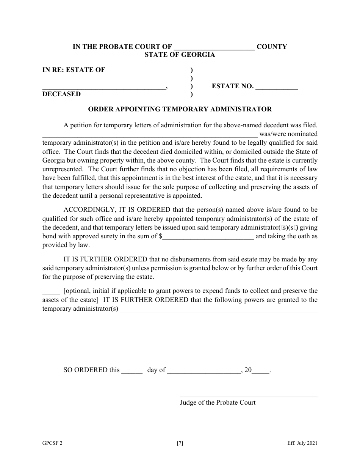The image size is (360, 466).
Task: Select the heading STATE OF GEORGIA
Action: (x=180, y=55)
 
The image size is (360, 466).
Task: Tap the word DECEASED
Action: (x=61, y=94)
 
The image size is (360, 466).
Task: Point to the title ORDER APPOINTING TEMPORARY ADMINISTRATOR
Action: (x=180, y=109)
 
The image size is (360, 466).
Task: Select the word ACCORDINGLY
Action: (x=87, y=210)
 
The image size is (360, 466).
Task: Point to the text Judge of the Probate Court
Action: (x=218, y=402)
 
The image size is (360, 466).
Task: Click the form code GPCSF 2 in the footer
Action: (x=53, y=443)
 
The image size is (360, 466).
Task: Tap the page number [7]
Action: (x=180, y=443)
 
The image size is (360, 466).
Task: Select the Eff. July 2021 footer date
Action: (x=302, y=443)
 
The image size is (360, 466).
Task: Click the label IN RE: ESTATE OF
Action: (x=74, y=70)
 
